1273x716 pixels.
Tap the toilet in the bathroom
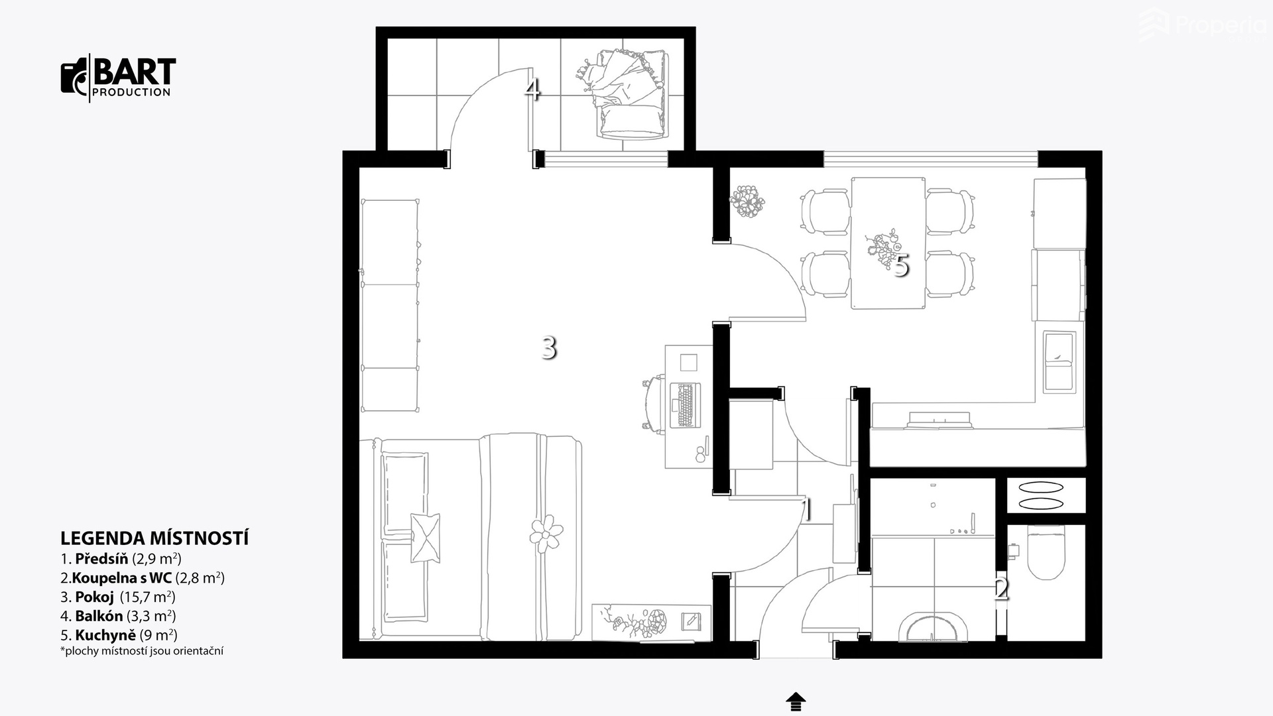pos(1045,552)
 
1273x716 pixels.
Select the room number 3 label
pos(548,347)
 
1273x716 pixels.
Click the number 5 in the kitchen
pos(900,266)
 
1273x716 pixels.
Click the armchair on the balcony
pos(630,94)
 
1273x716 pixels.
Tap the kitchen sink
pos(1060,362)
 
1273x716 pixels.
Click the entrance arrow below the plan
pos(796,701)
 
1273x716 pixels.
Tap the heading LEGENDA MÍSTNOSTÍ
pos(154,538)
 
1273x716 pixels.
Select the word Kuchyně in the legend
pos(105,635)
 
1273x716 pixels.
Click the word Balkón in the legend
pos(99,616)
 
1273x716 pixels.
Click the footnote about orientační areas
pos(142,651)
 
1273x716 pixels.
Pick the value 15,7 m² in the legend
pos(147,597)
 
